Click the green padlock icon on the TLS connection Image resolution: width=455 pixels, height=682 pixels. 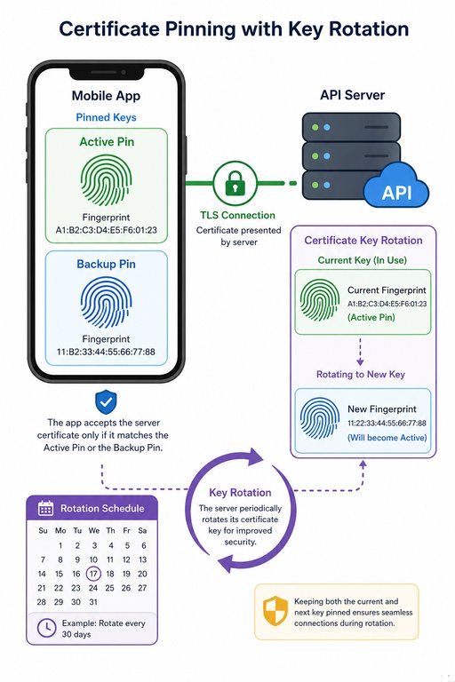[x=235, y=183]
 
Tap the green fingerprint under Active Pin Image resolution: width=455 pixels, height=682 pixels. [x=106, y=180]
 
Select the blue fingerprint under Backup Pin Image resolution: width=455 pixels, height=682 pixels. [x=106, y=303]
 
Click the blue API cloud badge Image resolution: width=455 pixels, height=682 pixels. [x=395, y=186]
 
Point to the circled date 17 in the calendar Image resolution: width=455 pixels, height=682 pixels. [x=93, y=574]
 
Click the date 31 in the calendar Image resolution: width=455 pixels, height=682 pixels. [x=92, y=602]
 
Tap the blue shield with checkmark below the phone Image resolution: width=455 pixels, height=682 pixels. [x=106, y=402]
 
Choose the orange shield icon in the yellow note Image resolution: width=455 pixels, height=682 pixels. [x=275, y=611]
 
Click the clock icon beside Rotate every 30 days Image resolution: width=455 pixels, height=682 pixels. [x=46, y=628]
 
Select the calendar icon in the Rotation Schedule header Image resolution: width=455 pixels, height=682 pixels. [x=45, y=508]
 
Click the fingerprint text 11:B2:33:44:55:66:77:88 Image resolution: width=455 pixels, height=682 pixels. [x=106, y=352]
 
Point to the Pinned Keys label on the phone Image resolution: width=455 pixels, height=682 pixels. [x=106, y=117]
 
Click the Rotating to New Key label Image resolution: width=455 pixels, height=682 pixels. [x=361, y=375]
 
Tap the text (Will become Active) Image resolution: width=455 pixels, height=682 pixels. [x=387, y=438]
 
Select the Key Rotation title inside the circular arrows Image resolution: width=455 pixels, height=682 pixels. [x=240, y=492]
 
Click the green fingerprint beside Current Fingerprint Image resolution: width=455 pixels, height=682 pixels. [x=320, y=300]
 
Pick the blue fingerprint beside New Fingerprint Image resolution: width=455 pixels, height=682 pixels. [x=320, y=418]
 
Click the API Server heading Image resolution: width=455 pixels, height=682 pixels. [x=352, y=95]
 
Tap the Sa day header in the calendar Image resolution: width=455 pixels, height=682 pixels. [x=142, y=531]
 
